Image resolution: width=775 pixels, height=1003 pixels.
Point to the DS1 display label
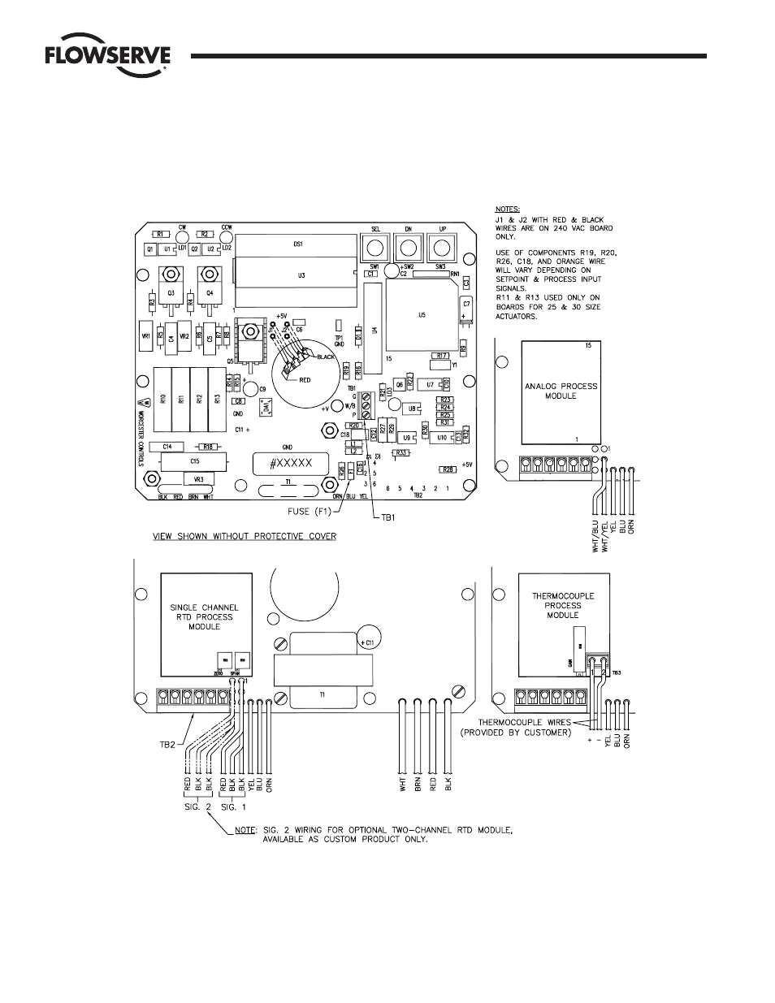(x=298, y=244)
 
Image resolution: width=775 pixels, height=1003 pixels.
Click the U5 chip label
(x=421, y=313)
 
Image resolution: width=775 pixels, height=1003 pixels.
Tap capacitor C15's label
(x=195, y=461)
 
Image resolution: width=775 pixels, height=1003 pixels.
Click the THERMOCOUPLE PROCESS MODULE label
(x=563, y=606)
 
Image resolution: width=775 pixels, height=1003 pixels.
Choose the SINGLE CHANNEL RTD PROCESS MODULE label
(x=201, y=616)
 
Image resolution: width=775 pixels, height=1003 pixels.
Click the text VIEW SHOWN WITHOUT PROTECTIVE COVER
(x=245, y=537)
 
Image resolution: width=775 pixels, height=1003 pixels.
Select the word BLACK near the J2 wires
(x=326, y=357)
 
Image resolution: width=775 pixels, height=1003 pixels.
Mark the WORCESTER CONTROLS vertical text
(x=141, y=434)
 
